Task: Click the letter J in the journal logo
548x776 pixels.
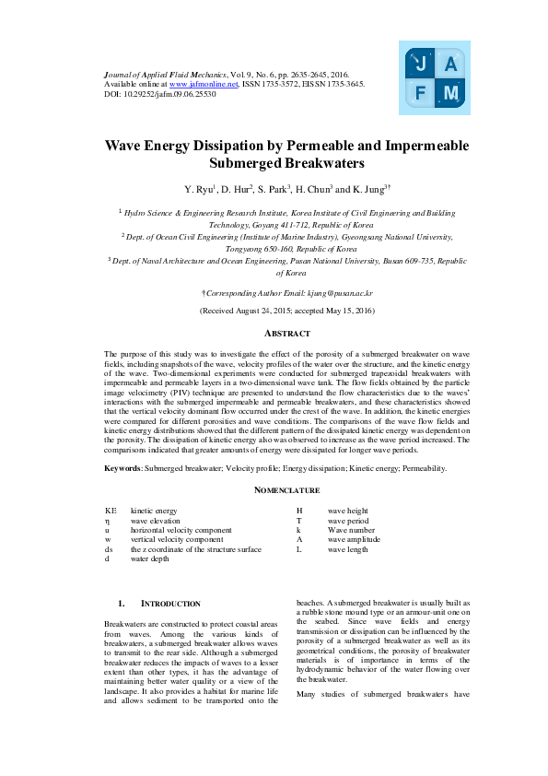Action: (421, 64)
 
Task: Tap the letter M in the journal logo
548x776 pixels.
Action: (449, 93)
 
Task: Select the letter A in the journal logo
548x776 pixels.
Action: (449, 64)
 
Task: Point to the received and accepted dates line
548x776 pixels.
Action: (286, 312)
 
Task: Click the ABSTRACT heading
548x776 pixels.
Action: (286, 333)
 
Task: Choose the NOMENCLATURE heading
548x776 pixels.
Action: (286, 490)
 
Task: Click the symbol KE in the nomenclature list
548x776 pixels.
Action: (111, 510)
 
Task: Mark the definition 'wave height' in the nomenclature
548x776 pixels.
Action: (347, 510)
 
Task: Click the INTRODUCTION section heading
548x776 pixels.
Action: (169, 604)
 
